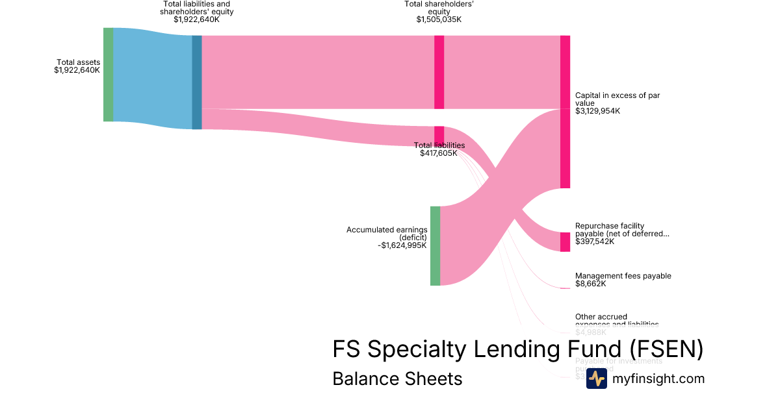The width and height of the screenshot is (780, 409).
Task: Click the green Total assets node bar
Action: pos(108,75)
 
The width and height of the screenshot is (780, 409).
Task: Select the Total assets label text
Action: pos(78,62)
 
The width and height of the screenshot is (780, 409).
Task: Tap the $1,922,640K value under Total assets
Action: pos(77,70)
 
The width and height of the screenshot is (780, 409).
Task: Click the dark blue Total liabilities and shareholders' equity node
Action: pos(197,82)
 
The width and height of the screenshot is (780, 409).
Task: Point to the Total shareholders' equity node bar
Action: pos(439,72)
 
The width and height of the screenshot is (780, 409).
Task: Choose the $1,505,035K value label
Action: pos(439,19)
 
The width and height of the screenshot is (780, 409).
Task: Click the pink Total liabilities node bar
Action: pos(439,135)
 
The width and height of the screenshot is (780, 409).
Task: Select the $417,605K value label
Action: pos(439,154)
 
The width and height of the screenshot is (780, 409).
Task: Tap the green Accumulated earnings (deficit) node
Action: pos(435,245)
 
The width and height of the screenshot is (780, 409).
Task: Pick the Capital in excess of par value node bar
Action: pos(565,112)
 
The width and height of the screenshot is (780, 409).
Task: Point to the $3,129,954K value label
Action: pos(597,111)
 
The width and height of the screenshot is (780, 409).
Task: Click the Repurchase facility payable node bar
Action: pos(565,242)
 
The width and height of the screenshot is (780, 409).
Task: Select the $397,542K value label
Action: pos(594,242)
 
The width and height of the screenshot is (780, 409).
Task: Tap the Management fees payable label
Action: pos(623,276)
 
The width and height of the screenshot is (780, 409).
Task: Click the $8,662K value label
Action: pos(590,284)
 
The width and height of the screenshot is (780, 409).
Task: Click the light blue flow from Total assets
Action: pos(153,78)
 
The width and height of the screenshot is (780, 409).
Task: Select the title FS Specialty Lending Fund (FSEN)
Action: pos(517,349)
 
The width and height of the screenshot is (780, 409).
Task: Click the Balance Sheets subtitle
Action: pos(397,378)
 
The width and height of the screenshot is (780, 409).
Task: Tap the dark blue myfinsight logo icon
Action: pos(596,378)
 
